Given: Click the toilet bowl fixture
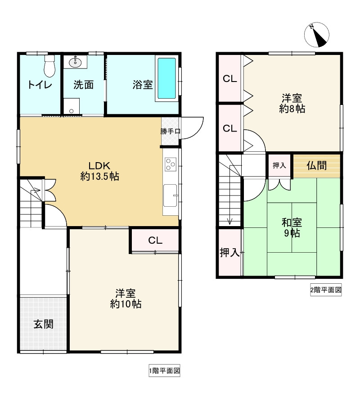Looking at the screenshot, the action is pos(49,66).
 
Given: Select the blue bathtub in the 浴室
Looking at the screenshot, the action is pos(166,78).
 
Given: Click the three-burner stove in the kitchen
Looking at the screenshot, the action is pos(171,164).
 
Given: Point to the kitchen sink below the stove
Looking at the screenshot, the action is pos(170,195).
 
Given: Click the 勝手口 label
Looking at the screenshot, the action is pos(170,131).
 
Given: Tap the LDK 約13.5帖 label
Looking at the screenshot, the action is pos(99,171).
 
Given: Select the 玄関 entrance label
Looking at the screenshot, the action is pos(44,324).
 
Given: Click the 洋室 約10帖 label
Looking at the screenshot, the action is pos(126,299).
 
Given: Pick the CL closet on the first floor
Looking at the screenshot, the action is pos(155,241).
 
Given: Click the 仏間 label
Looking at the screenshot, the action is pos(317,165).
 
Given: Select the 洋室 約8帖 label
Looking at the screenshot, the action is pos(292,103).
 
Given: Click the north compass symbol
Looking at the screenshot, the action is pos(316,35).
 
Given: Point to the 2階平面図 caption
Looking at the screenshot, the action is pos(326,290).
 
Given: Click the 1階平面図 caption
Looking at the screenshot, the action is pos(164,371).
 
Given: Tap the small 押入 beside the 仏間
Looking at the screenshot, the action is pos(279,165).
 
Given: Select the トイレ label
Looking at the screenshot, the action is pos(40,85).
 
